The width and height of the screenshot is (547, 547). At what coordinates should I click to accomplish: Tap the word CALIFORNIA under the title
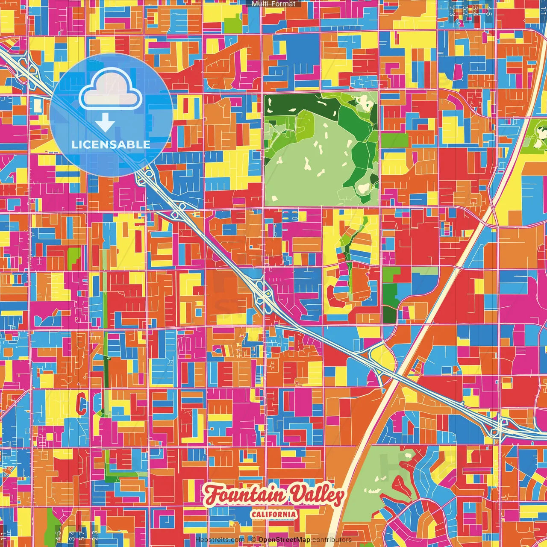tap(273, 514)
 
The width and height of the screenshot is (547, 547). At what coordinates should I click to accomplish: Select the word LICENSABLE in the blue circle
tap(111, 144)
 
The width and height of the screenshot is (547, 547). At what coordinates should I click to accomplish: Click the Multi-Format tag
tap(273, 4)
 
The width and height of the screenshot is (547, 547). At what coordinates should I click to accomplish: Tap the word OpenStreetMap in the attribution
tap(284, 540)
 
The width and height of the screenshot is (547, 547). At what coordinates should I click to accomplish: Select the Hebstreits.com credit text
tap(220, 540)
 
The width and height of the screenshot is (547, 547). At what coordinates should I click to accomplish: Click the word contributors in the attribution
tap(332, 540)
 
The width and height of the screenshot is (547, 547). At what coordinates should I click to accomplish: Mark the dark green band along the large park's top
tap(299, 103)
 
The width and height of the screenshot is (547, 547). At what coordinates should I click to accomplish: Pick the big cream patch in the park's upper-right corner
tap(366, 102)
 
